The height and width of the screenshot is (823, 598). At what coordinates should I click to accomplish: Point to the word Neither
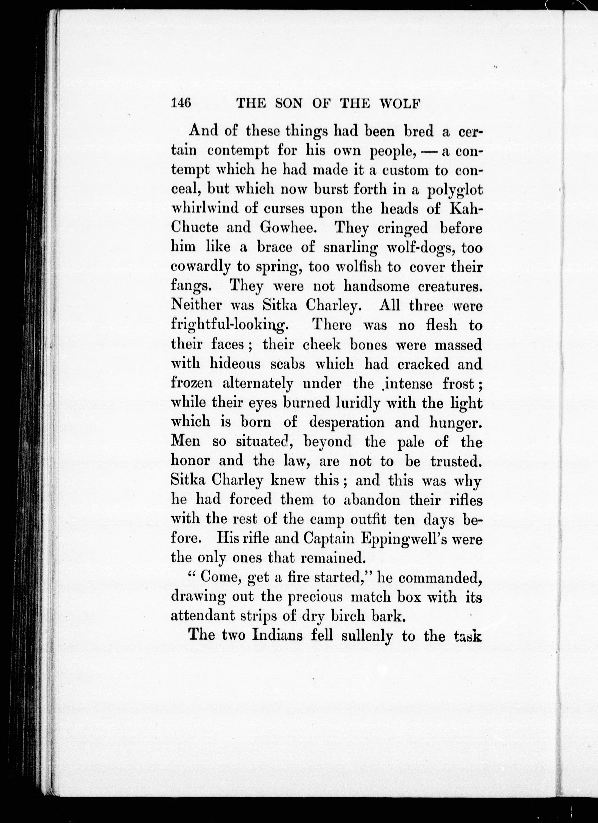(196, 306)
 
